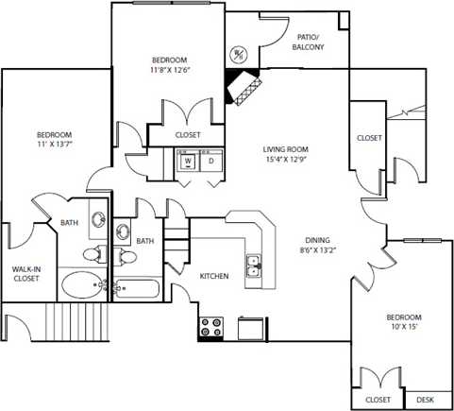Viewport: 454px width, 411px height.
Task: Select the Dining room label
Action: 316,240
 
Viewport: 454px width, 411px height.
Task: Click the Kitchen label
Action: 214,276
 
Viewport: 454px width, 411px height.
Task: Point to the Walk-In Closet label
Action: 25,273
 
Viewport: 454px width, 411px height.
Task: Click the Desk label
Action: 425,401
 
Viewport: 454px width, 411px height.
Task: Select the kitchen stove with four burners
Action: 210,328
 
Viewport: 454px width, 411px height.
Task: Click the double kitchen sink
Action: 253,267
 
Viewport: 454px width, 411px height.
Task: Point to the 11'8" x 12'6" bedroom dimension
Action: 170,69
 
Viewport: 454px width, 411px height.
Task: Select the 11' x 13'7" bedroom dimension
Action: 55,146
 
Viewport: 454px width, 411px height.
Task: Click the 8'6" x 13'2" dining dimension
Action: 316,250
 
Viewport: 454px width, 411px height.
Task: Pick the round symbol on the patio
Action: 238,53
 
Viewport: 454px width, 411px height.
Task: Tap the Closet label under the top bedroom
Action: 188,135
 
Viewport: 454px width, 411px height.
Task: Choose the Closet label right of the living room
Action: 369,138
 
